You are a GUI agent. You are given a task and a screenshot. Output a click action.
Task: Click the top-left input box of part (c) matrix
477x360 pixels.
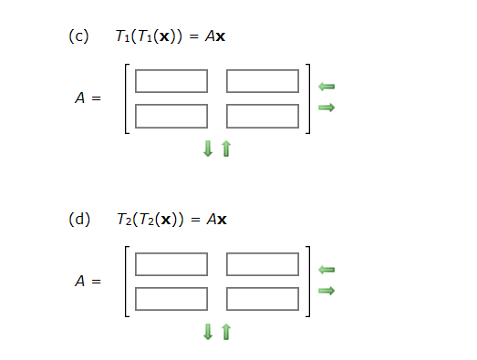point(171,81)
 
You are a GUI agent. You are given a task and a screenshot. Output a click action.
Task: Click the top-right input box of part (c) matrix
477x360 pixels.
point(263,81)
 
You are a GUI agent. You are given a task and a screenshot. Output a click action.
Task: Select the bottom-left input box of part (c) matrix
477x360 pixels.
point(171,116)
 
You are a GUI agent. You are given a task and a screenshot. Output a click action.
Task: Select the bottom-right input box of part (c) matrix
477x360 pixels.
point(263,116)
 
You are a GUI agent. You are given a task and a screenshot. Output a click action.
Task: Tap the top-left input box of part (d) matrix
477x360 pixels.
point(171,263)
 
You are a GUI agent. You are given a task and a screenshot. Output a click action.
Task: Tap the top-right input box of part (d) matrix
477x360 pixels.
point(263,263)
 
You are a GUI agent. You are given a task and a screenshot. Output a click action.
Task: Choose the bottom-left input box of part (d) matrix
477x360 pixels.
point(171,298)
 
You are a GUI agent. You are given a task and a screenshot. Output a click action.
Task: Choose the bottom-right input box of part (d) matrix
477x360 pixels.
point(263,298)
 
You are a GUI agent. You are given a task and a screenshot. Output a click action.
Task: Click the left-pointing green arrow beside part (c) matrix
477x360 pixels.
point(327,87)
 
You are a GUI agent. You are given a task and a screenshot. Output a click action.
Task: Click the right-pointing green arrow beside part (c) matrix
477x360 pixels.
point(327,108)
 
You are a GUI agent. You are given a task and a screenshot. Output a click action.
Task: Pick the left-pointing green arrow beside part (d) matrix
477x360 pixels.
point(327,269)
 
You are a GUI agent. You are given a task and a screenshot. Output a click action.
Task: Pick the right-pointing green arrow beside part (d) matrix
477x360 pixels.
point(327,291)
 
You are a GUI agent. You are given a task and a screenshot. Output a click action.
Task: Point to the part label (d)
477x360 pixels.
point(79,219)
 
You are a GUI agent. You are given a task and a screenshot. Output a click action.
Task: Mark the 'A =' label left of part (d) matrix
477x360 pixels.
point(88,281)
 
